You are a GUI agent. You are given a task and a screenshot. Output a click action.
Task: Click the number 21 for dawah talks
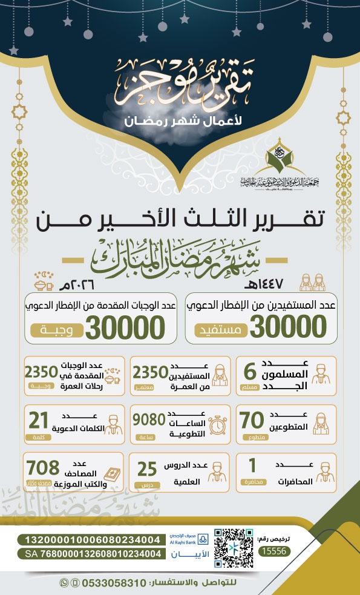[x=39, y=419]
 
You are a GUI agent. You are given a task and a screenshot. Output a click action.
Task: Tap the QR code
[x=233, y=545]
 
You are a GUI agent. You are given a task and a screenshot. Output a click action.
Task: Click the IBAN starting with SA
[x=93, y=553]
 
